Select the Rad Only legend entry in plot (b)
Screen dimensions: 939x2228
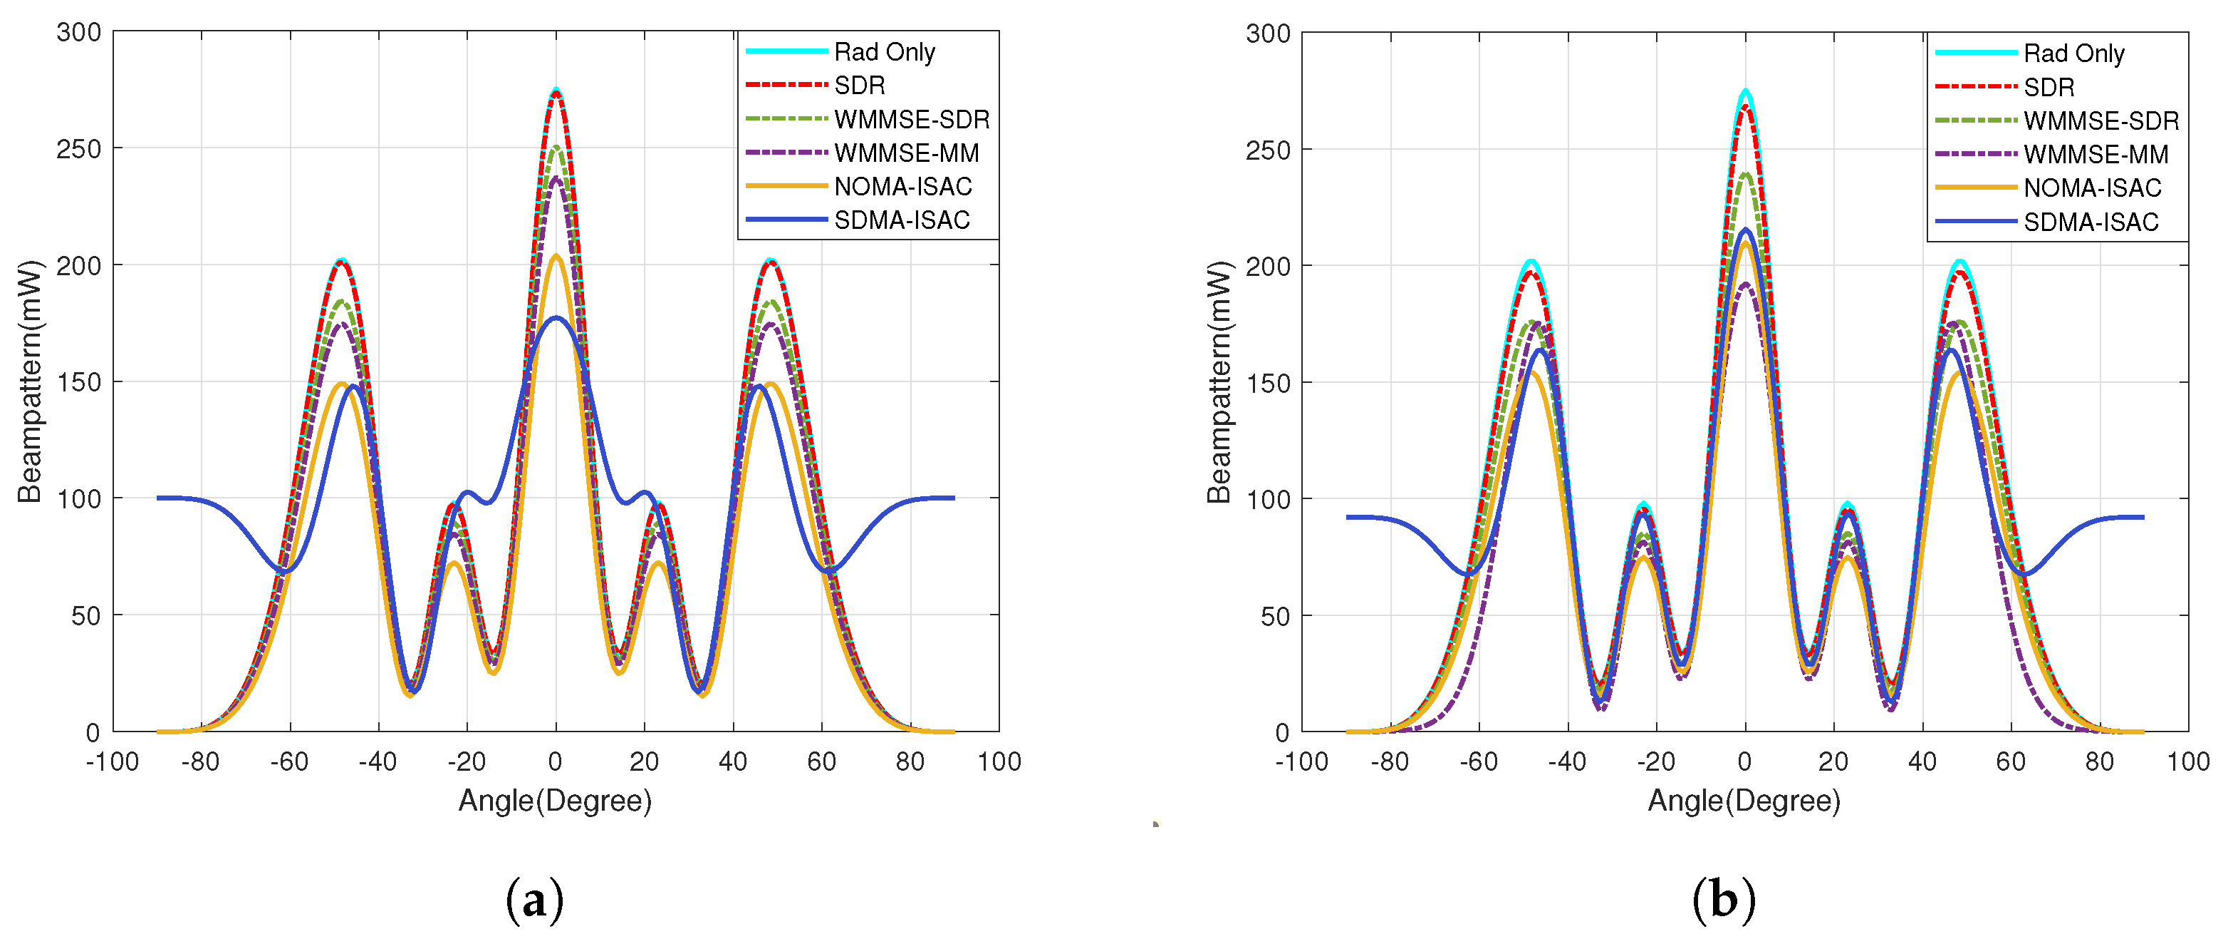click(2073, 53)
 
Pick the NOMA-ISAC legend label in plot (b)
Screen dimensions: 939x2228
click(2092, 188)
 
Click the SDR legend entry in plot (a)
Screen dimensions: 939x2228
click(859, 86)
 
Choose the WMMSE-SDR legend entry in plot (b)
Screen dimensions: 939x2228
click(2101, 121)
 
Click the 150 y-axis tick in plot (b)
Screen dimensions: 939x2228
click(1268, 383)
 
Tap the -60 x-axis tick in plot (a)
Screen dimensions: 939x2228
click(290, 761)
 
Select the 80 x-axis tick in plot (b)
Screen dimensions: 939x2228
click(2100, 761)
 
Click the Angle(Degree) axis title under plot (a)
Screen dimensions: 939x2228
click(554, 801)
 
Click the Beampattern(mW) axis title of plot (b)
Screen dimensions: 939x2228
click(1219, 383)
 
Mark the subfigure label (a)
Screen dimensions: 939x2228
click(534, 900)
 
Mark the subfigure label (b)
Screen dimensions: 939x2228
click(1724, 900)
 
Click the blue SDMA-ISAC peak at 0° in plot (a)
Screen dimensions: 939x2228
click(556, 317)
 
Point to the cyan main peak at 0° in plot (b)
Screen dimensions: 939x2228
click(1745, 90)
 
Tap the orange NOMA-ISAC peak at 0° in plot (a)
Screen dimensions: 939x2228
click(556, 256)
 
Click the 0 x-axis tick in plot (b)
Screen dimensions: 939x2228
click(1745, 761)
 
